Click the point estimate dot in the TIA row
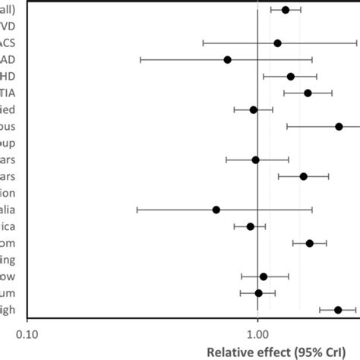click(308, 93)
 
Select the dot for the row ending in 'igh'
click(338, 310)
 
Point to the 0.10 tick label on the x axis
click(27, 333)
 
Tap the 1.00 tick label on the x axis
click(257, 333)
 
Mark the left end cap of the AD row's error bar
click(141, 59)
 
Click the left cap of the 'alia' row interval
click(137, 210)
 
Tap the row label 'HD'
click(15, 76)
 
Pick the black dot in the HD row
click(290, 76)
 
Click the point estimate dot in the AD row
click(227, 59)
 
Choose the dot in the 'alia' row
click(216, 210)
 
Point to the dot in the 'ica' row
click(250, 226)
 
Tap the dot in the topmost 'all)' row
click(285, 9)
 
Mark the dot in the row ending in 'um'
click(258, 293)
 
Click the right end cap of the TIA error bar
click(332, 93)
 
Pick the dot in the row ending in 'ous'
click(339, 126)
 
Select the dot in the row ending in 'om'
click(309, 243)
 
